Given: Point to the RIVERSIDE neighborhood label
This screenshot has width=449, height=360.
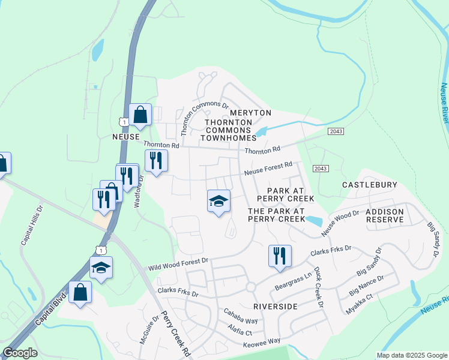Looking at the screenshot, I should (x=276, y=306).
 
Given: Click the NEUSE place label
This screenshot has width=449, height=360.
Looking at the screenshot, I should (x=125, y=137).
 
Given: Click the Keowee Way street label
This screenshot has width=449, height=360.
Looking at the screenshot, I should (x=262, y=343).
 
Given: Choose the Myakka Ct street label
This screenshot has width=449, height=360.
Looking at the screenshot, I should (x=361, y=304).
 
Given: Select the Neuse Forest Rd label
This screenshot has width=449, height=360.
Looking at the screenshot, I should (x=268, y=169).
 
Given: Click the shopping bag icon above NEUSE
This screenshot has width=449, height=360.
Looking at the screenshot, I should (x=140, y=116).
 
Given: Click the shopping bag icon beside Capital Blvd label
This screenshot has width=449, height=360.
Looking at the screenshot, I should (x=80, y=293).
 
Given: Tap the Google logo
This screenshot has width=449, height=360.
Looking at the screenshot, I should (x=20, y=353).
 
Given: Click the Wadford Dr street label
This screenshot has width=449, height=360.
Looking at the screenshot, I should (x=138, y=191).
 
